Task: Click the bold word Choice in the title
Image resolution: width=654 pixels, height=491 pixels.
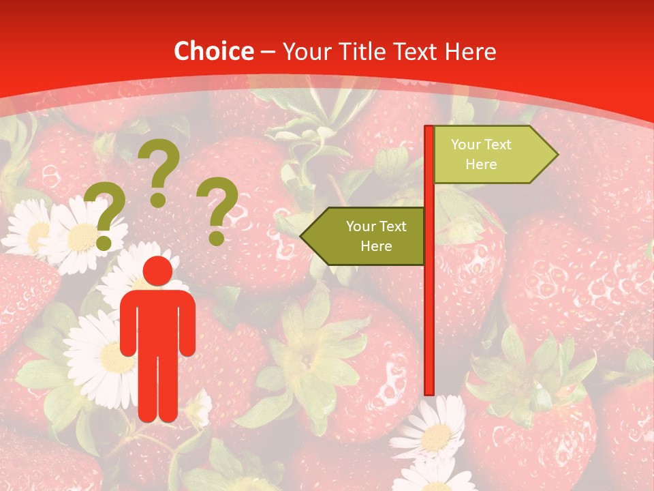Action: (213, 52)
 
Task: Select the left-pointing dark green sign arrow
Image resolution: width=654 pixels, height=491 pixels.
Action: (368, 236)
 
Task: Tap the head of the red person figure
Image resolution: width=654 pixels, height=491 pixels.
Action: (157, 271)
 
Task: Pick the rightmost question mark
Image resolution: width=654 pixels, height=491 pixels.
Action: (218, 208)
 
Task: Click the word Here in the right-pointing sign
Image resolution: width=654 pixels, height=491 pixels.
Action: (481, 164)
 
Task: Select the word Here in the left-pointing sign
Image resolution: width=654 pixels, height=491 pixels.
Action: (376, 246)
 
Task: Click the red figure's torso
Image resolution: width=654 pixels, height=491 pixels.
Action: (157, 321)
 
